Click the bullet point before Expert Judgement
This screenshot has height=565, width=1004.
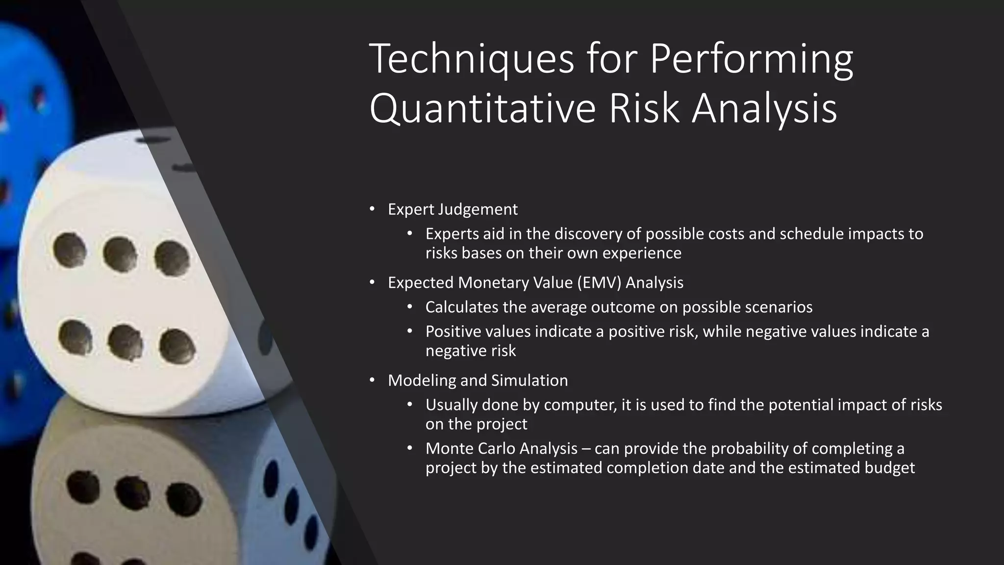(372, 209)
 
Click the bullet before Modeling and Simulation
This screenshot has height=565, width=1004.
(372, 380)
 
